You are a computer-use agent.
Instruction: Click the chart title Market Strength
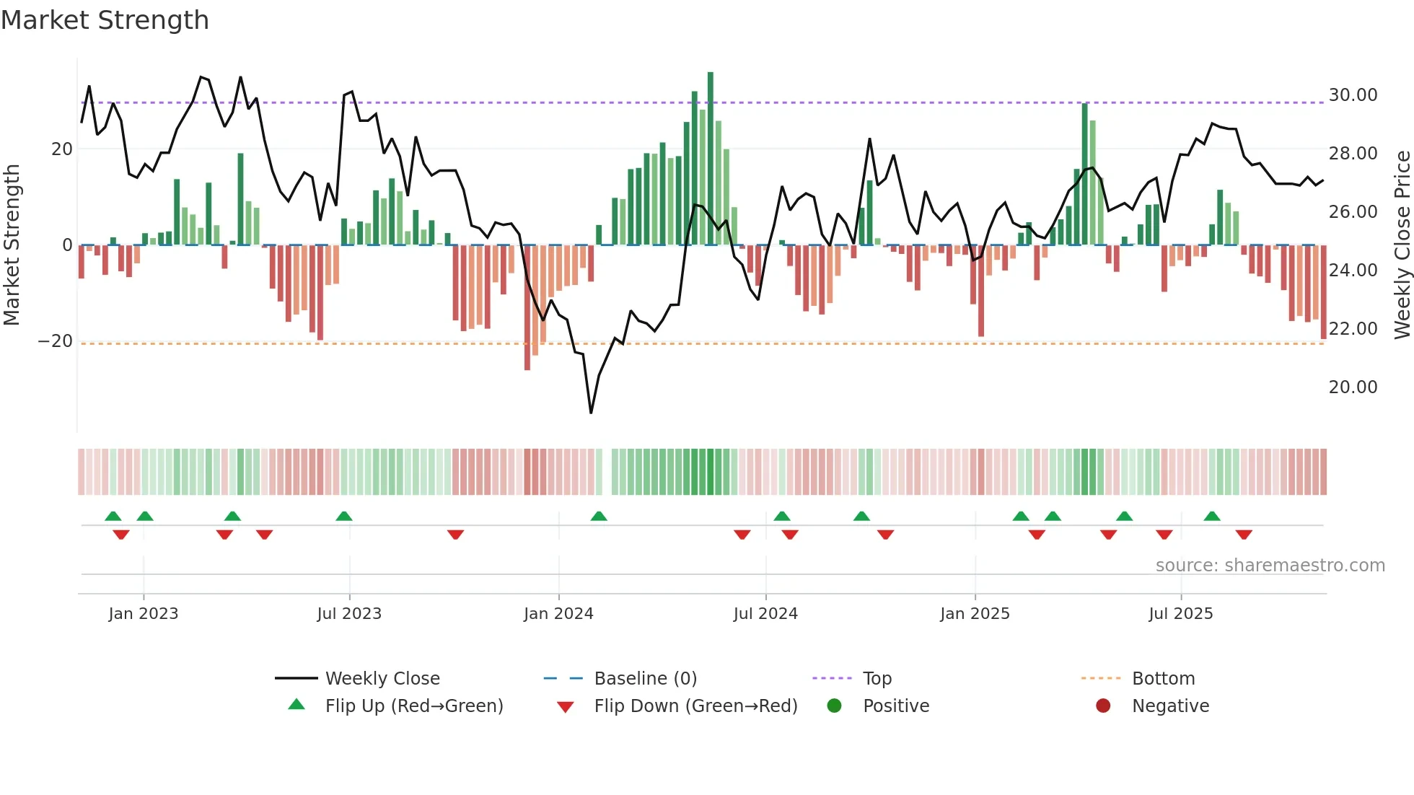pyautogui.click(x=105, y=20)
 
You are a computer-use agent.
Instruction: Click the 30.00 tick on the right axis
pyautogui.click(x=1353, y=95)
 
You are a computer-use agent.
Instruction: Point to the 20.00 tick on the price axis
pyautogui.click(x=1353, y=387)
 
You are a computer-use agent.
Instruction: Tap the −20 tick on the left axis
pyautogui.click(x=56, y=341)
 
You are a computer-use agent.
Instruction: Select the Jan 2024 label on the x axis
pyautogui.click(x=558, y=614)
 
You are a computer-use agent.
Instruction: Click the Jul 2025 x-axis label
pyautogui.click(x=1180, y=614)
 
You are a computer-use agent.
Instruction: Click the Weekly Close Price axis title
pyautogui.click(x=1402, y=245)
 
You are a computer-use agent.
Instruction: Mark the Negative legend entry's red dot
pyautogui.click(x=1103, y=706)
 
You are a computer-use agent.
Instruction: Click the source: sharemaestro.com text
pyautogui.click(x=1270, y=566)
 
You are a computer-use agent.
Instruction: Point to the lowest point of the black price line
pyautogui.click(x=591, y=413)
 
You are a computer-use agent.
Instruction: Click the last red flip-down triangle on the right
pyautogui.click(x=1244, y=535)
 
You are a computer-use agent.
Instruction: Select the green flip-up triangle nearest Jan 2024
pyautogui.click(x=599, y=516)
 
